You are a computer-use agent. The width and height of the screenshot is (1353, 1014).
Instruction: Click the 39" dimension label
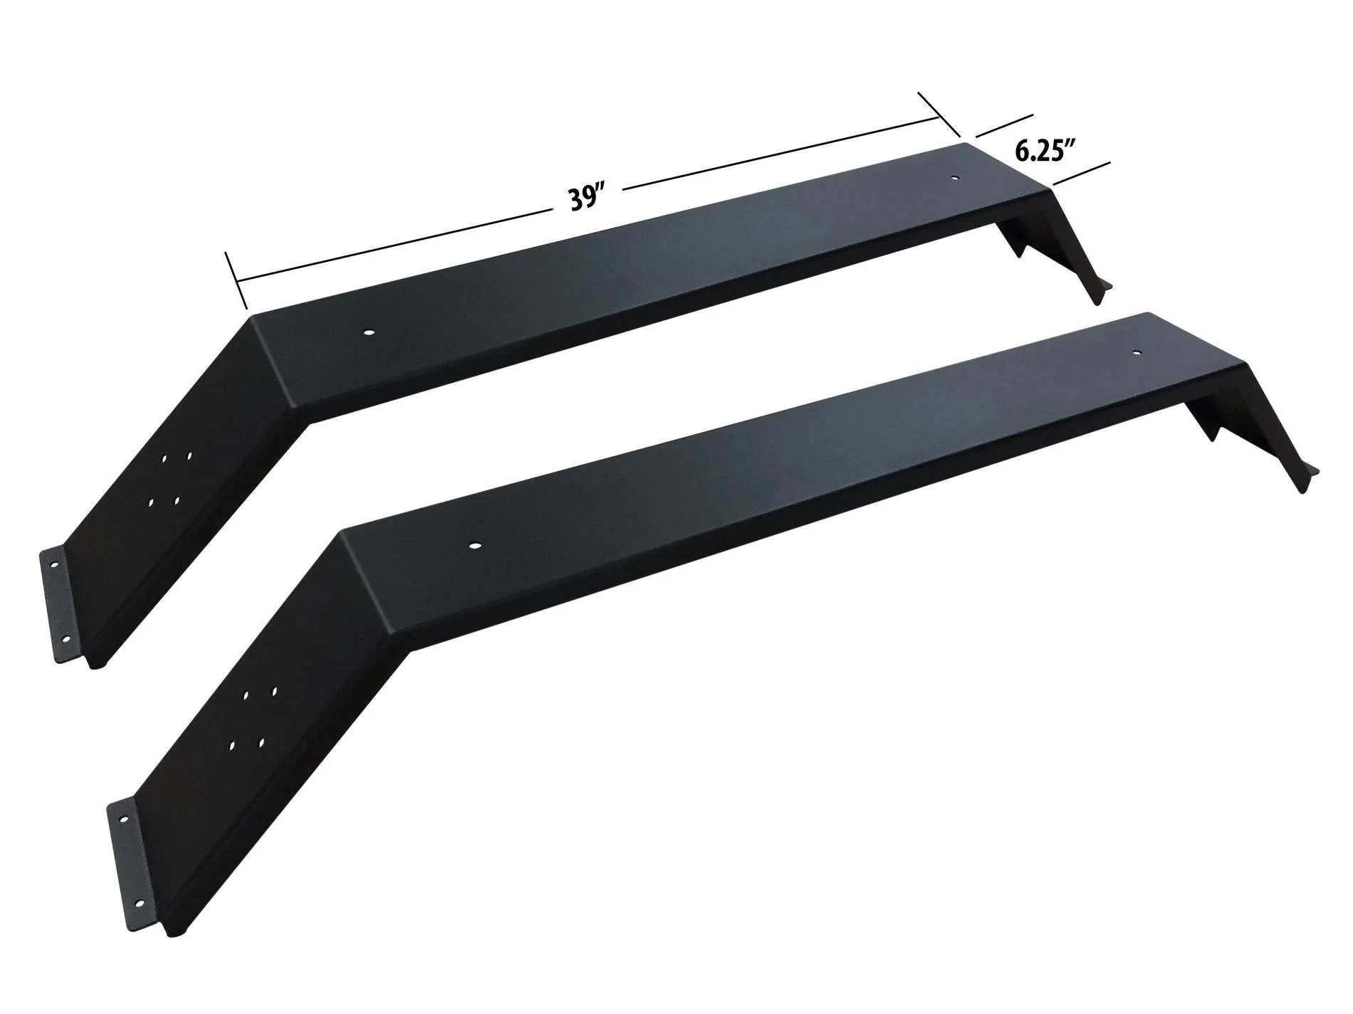click(585, 199)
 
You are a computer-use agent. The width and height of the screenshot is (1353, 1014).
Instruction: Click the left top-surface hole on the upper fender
click(369, 332)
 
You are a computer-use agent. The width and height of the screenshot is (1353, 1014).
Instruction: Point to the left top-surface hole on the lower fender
click(474, 546)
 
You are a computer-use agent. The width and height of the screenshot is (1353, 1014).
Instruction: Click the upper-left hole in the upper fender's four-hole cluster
click(165, 461)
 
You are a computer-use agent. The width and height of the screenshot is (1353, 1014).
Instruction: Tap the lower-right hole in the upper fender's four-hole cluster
click(176, 501)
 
